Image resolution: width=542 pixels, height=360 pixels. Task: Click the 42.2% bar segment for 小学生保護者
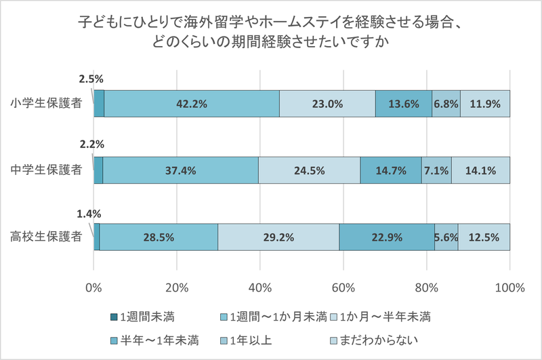[x=191, y=104]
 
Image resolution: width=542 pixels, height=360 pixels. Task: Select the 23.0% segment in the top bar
[x=327, y=104]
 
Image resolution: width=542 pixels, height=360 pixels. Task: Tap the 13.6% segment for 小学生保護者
[x=403, y=104]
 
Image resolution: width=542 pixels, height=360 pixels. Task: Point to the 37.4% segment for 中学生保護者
[x=180, y=171]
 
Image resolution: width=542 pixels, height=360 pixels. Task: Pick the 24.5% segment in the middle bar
[x=309, y=171]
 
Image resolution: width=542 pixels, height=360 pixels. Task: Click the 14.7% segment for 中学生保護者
[x=390, y=171]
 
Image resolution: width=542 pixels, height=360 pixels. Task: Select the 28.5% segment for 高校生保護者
[x=159, y=237]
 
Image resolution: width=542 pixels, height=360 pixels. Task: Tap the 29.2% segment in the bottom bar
[x=278, y=237]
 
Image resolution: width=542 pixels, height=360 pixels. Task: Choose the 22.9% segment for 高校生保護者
[x=386, y=237]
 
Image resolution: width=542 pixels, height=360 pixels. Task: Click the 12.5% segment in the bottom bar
[x=484, y=237]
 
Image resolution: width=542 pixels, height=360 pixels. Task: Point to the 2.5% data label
[x=91, y=79]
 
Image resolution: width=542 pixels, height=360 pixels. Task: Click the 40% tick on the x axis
[x=260, y=287]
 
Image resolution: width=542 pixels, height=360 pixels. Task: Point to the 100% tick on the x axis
[x=509, y=287]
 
